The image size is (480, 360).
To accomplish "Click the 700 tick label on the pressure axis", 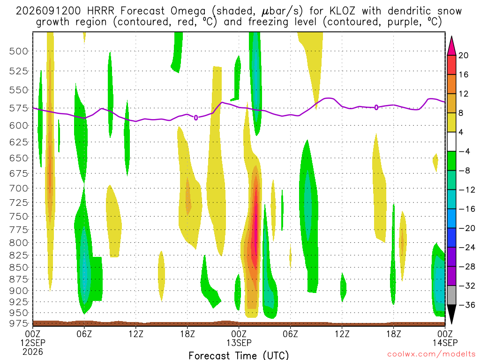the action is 19,188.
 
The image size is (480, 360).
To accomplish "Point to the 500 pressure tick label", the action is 19,51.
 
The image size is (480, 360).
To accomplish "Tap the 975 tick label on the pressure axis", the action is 19,323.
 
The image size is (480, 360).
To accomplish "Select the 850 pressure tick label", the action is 19,267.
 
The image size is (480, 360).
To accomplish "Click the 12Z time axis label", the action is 136,334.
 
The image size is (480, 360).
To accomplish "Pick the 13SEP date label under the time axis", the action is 239,343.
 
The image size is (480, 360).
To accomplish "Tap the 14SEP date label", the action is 445,343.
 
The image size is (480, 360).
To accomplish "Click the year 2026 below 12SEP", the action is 33,352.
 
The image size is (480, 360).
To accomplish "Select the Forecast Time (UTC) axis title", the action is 239,355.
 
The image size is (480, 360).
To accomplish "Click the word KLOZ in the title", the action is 342,11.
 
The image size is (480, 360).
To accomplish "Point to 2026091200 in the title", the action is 48,11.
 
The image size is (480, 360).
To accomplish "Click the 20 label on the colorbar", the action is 464,55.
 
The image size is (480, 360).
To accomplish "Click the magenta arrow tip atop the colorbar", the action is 451,37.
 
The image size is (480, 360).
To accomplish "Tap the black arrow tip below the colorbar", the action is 451,324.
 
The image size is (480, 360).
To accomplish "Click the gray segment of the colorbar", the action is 451,295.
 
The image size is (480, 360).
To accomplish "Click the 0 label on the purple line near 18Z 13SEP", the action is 376,107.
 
